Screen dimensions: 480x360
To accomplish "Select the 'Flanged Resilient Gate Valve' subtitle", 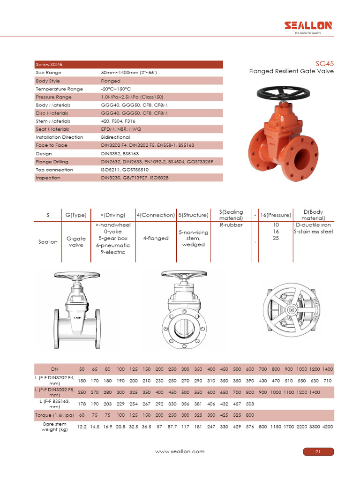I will click(x=291, y=71).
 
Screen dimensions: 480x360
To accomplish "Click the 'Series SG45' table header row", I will click(x=128, y=65).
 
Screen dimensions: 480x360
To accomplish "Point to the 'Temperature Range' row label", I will click(x=59, y=89).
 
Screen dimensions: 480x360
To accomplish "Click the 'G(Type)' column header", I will click(x=75, y=215).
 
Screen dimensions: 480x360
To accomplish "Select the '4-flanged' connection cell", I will click(x=156, y=238).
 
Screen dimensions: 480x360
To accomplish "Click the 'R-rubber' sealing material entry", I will click(x=231, y=225).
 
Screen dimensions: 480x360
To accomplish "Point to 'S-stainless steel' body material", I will click(x=313, y=232).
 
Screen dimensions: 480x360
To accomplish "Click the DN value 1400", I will click(x=328, y=369).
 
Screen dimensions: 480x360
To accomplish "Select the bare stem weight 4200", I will click(x=328, y=427).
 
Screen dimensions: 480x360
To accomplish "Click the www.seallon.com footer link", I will click(x=180, y=452).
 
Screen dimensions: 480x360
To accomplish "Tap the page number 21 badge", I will click(x=317, y=452).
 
